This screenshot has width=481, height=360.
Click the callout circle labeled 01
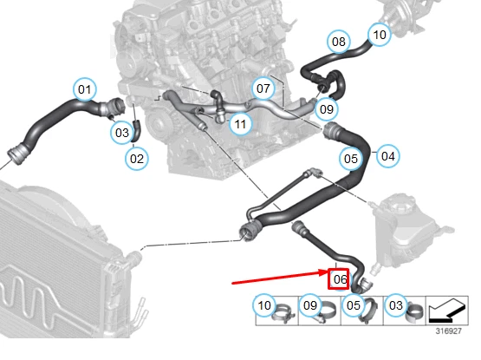coord(85,89)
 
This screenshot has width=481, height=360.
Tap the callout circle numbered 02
coord(137,159)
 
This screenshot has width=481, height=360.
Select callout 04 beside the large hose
coord(387,156)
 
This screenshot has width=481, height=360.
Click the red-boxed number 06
coord(339,279)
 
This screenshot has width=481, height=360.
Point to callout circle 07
coord(263,88)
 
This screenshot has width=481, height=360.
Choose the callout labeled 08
coord(339,42)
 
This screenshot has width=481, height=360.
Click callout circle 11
coord(240,124)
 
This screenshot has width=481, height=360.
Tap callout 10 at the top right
coord(380,35)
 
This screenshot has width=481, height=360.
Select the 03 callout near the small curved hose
coord(122,133)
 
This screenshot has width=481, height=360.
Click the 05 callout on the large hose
coord(351,159)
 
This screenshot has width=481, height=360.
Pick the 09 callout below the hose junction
coord(327,109)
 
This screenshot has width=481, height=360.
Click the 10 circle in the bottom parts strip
coord(264,305)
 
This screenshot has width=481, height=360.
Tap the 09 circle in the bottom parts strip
coord(309,305)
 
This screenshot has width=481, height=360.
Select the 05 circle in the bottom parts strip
coord(353,305)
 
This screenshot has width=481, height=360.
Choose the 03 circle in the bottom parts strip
coord(396,305)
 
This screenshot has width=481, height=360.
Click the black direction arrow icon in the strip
coord(446,311)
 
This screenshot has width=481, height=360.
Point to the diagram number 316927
coord(448,331)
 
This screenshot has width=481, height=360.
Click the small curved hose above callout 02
coord(137,131)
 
